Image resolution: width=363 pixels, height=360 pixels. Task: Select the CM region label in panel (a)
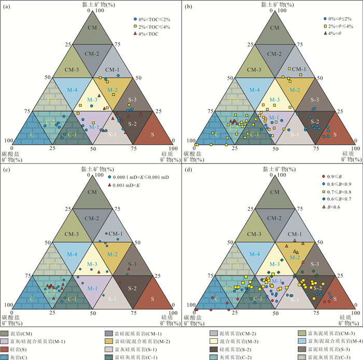(x=93, y=26)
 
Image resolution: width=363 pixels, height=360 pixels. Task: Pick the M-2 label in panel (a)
(x=113, y=90)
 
